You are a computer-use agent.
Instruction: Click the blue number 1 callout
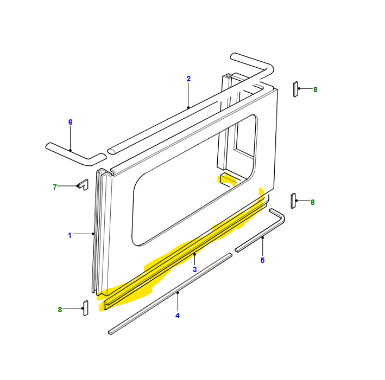point(70,235)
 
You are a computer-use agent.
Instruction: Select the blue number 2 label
point(188,79)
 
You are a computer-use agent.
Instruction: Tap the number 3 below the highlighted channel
point(195,269)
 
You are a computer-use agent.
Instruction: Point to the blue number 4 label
point(178,315)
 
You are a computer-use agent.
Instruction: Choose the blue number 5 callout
point(262,260)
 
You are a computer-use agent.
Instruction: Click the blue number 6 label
point(71,122)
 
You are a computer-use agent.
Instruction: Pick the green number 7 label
point(55,187)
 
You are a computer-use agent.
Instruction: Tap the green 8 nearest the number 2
point(315,90)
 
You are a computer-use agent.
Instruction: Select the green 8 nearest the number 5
point(313,202)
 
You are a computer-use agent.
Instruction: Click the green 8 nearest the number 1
point(60,310)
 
